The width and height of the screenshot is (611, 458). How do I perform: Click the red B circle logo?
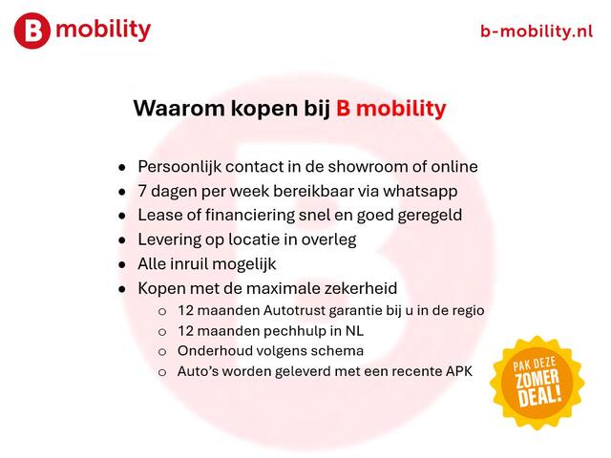point(32,31)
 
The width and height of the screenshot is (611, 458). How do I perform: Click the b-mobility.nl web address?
point(537,31)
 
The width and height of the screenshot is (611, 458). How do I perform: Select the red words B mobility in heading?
point(390,108)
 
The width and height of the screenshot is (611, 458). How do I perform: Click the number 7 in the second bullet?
point(143,191)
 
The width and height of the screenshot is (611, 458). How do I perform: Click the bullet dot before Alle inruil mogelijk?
point(121,264)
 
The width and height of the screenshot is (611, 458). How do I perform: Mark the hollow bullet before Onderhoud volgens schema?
point(161,352)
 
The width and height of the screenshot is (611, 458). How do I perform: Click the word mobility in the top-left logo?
point(103,30)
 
